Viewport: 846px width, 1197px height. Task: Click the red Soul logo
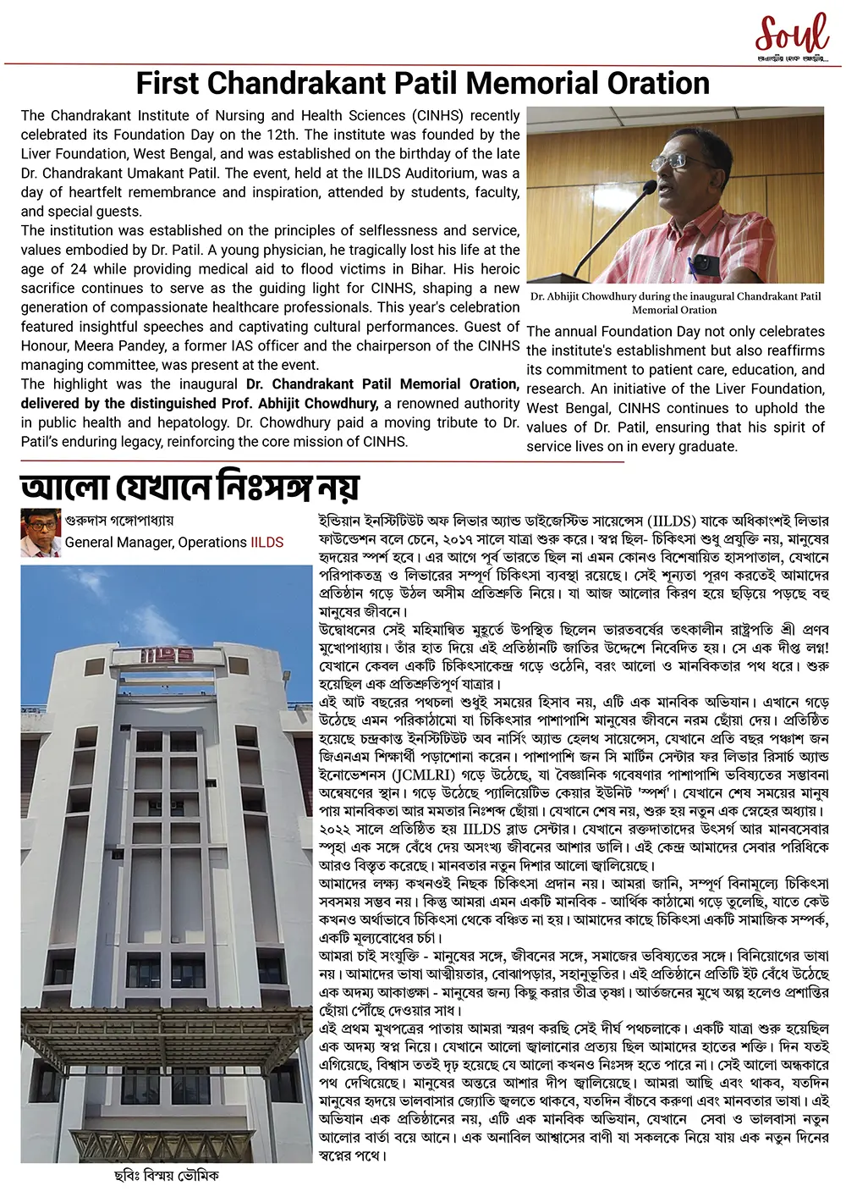click(x=792, y=36)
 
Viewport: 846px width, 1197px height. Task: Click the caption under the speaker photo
click(x=675, y=303)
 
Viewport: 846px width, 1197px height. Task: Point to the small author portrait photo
click(x=41, y=532)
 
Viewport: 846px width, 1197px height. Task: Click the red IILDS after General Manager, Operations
click(x=267, y=543)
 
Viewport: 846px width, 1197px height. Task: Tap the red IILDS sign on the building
click(x=167, y=654)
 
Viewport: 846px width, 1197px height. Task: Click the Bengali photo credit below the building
click(x=167, y=1176)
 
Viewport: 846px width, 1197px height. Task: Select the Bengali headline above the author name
click(x=190, y=487)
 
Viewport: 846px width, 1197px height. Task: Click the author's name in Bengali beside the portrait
click(x=119, y=521)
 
